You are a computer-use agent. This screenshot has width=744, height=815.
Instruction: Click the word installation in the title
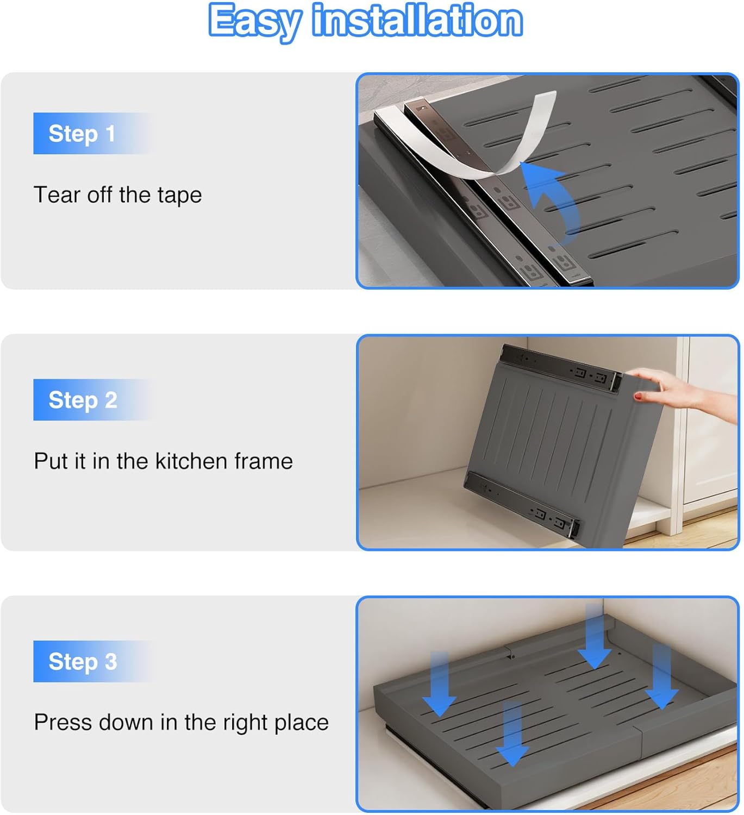pos(417,20)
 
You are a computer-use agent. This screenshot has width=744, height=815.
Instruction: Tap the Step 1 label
pos(82,134)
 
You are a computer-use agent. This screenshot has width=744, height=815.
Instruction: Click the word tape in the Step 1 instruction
pos(180,196)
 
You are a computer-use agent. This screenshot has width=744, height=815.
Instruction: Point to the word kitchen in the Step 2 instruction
pos(191,461)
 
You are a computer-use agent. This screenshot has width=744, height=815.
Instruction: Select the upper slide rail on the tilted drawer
pos(561,368)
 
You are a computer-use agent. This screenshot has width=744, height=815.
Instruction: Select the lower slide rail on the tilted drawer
pos(522,504)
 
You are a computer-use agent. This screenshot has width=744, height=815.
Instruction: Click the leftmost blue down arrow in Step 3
pos(440,685)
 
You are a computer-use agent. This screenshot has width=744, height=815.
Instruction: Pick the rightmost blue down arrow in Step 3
pos(662,678)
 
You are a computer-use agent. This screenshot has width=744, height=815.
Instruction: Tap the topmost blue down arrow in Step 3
pos(595,637)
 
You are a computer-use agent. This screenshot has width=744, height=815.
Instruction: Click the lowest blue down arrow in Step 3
pos(512,734)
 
